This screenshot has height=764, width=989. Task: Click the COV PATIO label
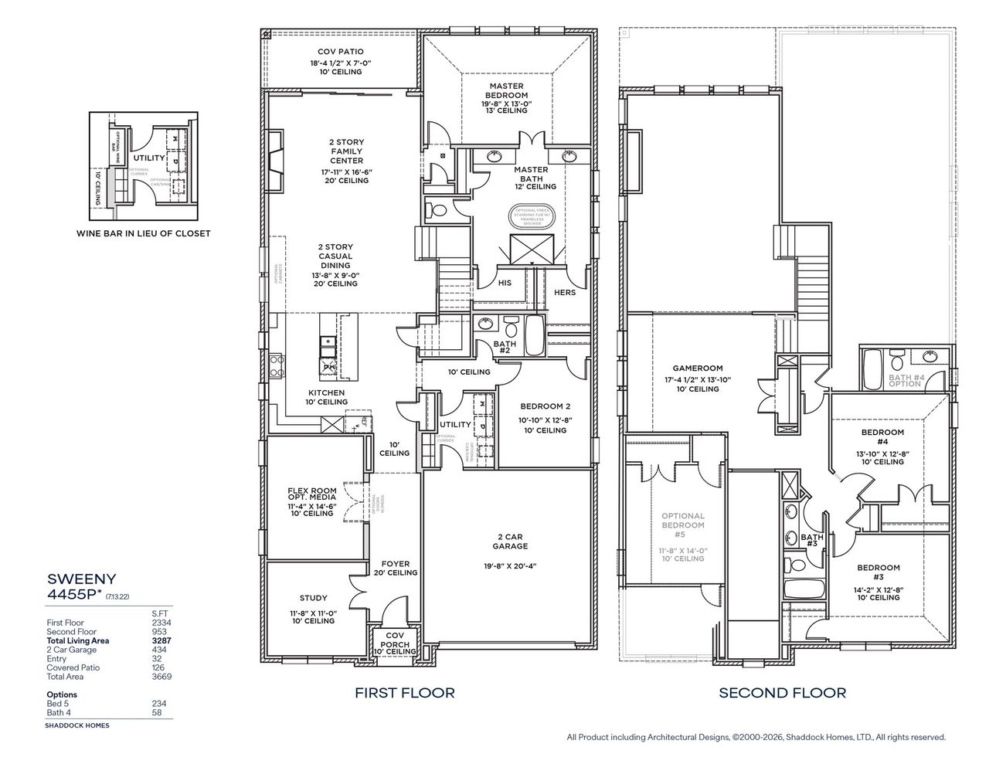point(340,52)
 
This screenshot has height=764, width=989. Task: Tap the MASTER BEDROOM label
point(507,90)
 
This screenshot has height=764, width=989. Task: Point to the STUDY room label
point(313,598)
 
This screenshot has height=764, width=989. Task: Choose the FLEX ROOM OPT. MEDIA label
point(312,495)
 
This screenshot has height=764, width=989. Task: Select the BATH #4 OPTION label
point(906,380)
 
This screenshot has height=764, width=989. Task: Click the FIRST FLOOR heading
point(404,693)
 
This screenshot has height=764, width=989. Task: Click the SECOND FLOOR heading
point(782,693)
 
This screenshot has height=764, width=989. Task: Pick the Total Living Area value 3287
point(161,640)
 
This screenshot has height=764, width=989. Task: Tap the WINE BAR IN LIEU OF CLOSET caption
point(143,233)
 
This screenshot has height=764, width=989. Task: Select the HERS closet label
point(565,292)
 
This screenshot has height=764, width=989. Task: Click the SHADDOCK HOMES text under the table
point(78,725)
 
